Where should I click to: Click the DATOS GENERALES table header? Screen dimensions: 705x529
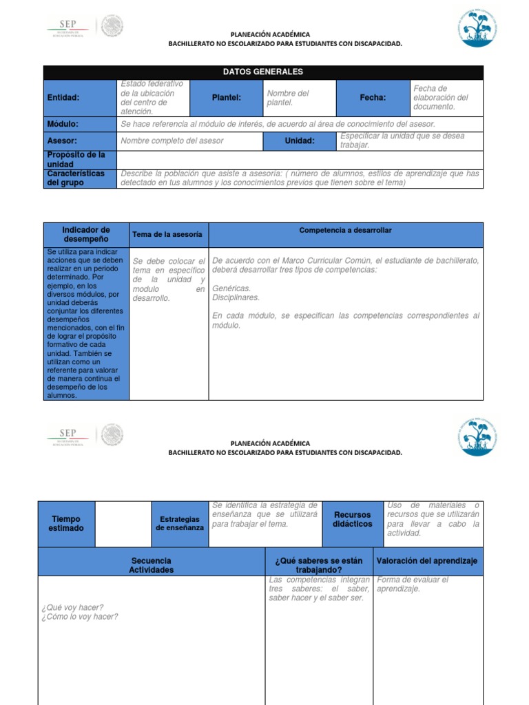263,72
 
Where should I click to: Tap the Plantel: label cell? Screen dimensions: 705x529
226,98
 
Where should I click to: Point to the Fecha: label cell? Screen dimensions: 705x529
373,98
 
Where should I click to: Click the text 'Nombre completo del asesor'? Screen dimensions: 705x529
172,141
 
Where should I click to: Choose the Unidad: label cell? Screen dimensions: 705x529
300,141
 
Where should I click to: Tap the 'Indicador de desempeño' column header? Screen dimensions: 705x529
86,235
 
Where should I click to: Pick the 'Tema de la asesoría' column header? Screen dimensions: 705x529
167,235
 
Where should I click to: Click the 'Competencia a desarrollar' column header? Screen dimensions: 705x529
345,231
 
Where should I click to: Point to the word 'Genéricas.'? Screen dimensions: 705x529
232,288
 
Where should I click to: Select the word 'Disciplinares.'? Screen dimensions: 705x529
236,297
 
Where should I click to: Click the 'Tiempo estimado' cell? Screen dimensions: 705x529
66,524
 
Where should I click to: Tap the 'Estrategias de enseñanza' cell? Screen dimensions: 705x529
180,523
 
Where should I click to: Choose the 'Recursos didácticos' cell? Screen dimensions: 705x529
352,520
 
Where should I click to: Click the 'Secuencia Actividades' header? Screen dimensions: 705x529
152,565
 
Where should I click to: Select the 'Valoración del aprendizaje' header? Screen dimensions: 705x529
427,561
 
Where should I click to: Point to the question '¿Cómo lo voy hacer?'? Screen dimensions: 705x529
80,617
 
